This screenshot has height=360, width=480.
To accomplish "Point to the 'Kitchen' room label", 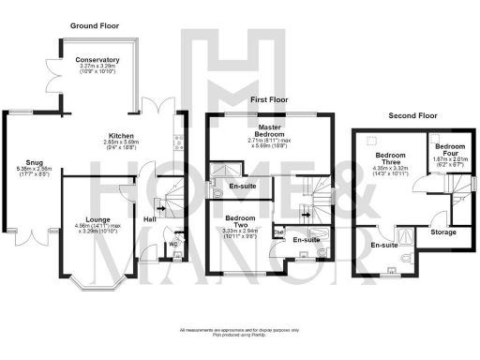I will tap(121, 135).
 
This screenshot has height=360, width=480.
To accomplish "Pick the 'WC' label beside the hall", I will tap(172, 247).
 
